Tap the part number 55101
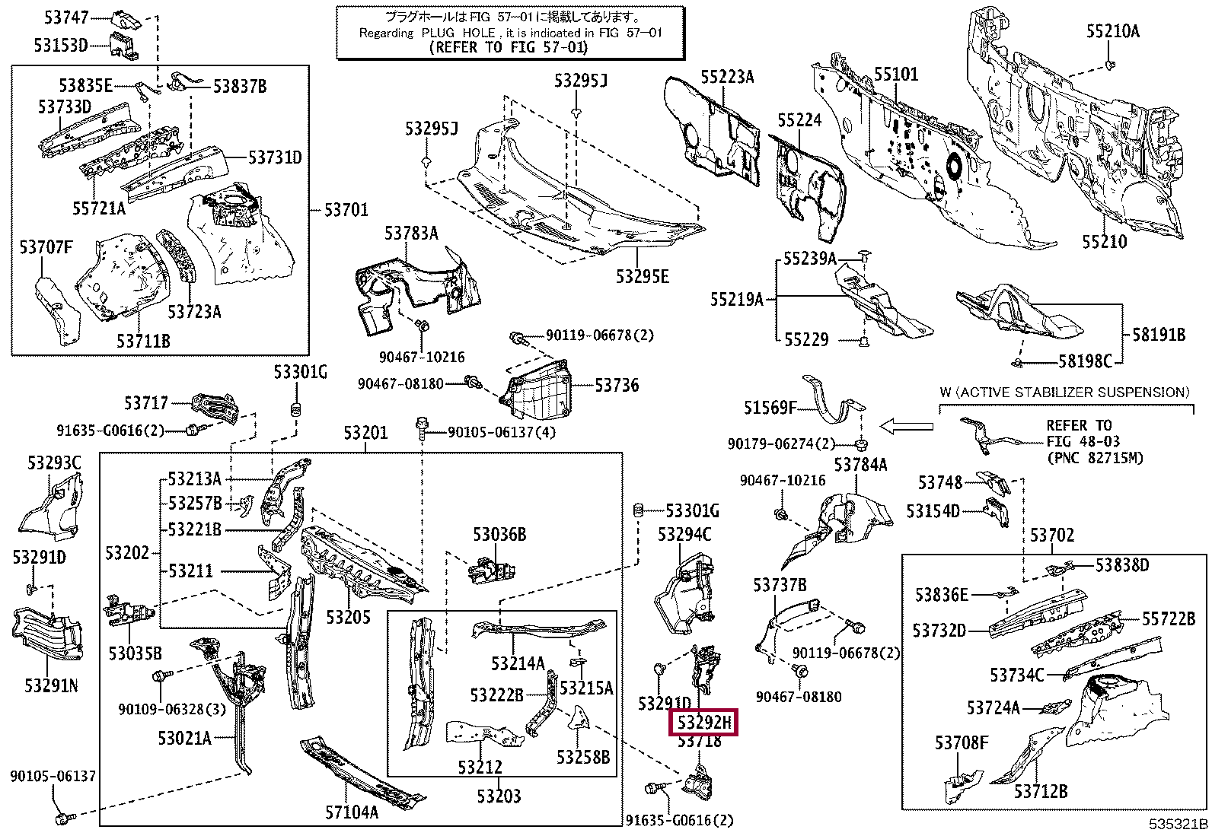click(x=896, y=75)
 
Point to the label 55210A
click(x=1112, y=31)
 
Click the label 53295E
click(x=643, y=276)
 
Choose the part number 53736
click(x=617, y=386)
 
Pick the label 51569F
click(x=770, y=408)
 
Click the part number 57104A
click(x=352, y=812)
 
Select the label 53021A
click(x=184, y=737)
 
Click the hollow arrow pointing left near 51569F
click(x=906, y=427)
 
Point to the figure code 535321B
click(x=1179, y=825)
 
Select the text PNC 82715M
click(x=1095, y=459)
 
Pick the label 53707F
click(x=46, y=246)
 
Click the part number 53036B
click(x=499, y=535)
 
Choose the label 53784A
click(x=860, y=464)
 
